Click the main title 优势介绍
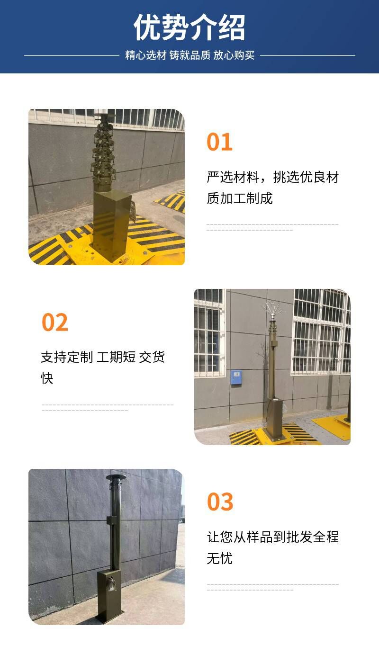(x=189, y=27)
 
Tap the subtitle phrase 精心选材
(x=145, y=55)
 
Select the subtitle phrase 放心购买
(x=234, y=55)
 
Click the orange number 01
(x=219, y=142)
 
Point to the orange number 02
(x=55, y=323)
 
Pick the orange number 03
(x=220, y=502)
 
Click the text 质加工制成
(x=240, y=198)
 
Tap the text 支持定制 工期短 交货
(x=103, y=357)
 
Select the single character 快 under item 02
(x=47, y=378)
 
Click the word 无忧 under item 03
(x=219, y=558)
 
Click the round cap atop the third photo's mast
(x=116, y=477)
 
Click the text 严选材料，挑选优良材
(x=273, y=177)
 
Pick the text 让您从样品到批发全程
(x=273, y=537)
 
